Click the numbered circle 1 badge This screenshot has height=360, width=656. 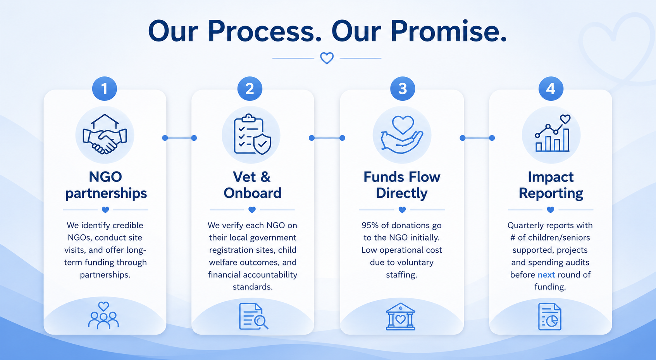105,88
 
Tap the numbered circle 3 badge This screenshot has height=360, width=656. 403,88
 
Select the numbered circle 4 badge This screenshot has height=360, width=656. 551,88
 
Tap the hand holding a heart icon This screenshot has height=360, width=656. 402,134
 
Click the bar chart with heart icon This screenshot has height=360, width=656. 553,133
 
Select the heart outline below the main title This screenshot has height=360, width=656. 327,58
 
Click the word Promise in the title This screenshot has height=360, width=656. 448,31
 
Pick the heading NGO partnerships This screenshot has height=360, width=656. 106,185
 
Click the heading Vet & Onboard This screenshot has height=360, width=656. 252,185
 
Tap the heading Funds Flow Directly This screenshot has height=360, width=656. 402,185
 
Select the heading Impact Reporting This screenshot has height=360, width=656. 551,185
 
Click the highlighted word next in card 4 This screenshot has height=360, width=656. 546,275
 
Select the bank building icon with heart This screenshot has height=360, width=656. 400,316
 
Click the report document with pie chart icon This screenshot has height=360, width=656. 550,317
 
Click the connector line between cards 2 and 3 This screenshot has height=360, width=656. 327,138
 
